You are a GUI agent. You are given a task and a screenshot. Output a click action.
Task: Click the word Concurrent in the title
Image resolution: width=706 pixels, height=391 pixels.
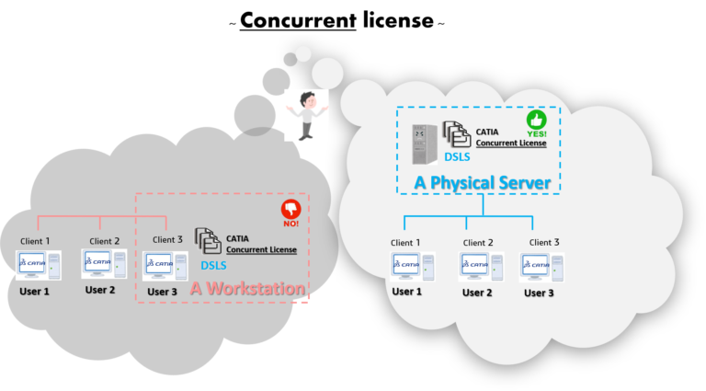tap(297, 20)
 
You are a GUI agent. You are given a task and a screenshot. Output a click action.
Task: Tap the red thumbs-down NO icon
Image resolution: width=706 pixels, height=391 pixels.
tap(291, 212)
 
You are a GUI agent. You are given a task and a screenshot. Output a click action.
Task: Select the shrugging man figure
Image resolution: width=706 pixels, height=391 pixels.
tap(306, 115)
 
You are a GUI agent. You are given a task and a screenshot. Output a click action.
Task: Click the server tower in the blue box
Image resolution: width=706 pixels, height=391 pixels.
tap(424, 144)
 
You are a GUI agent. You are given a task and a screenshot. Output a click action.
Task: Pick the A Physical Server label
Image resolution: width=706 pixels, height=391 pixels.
tap(482, 183)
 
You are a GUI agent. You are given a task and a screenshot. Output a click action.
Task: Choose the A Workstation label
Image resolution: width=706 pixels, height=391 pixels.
tap(246, 289)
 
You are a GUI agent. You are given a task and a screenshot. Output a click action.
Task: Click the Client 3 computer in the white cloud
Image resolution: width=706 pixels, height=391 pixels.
tap(542, 266)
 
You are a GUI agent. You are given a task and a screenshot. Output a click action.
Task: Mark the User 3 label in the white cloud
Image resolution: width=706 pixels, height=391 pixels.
tap(539, 293)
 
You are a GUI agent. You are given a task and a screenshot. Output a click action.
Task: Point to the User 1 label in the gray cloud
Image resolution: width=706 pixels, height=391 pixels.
tap(35, 291)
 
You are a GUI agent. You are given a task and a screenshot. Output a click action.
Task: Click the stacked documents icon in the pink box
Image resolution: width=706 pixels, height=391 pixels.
tap(209, 242)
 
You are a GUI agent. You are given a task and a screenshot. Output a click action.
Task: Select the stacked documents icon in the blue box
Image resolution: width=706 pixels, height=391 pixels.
tap(457, 134)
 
